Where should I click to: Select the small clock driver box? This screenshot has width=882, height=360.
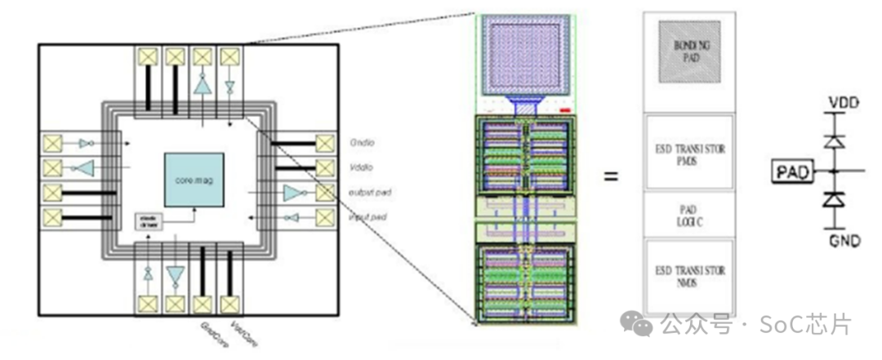(x=149, y=221)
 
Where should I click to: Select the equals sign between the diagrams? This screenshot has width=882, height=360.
(x=610, y=175)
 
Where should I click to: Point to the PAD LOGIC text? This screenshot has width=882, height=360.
(x=690, y=216)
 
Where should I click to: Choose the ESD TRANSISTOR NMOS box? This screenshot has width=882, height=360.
(x=690, y=276)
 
